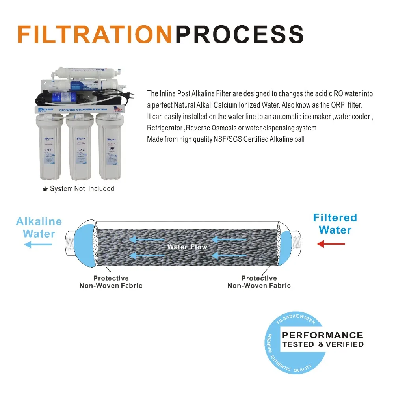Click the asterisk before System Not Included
click(x=45, y=190)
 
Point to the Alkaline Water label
click(x=39, y=227)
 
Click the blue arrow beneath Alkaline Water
click(x=38, y=245)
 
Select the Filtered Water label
click(x=335, y=223)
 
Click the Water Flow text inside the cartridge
click(x=187, y=247)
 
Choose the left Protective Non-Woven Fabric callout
click(x=111, y=282)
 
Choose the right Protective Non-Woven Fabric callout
click(x=259, y=282)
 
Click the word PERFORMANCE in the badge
click(x=322, y=335)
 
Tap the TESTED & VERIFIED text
click(x=322, y=344)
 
